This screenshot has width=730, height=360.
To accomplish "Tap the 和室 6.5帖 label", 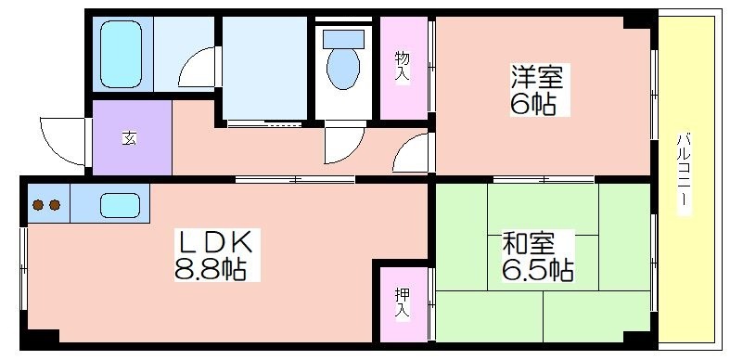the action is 537,256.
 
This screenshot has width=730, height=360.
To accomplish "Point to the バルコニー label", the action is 683,174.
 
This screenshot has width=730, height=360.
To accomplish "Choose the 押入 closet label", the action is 403,303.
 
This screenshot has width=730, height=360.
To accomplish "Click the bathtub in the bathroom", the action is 121,54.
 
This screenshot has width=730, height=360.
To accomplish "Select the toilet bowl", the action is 343,69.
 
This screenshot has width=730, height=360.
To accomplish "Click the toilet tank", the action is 343,39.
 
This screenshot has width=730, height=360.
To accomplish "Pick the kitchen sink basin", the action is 120,205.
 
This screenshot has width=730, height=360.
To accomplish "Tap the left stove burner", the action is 38,205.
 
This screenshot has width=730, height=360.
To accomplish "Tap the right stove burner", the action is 55,205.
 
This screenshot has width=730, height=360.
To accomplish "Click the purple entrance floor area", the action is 133,138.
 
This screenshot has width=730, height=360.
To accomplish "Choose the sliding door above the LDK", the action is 295,179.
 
